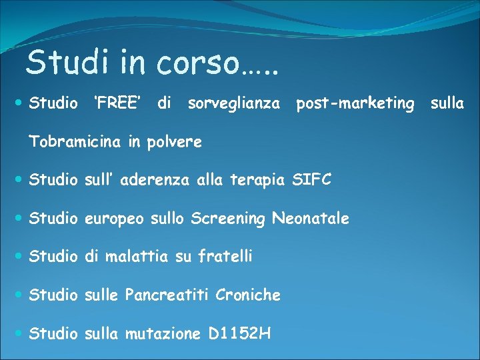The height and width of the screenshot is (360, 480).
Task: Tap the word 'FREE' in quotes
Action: point(117,103)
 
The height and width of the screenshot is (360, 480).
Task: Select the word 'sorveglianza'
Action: point(234,104)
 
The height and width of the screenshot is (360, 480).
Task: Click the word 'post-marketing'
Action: point(355,103)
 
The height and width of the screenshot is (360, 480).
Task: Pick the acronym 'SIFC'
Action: point(311,180)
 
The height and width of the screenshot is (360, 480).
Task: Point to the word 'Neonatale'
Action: point(311,218)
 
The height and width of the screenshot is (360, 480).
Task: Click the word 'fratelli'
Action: point(225,256)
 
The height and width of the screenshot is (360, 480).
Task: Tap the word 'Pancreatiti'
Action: point(167,295)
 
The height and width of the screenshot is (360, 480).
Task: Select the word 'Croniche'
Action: point(248,295)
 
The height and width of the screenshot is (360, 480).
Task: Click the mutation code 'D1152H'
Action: point(239,333)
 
